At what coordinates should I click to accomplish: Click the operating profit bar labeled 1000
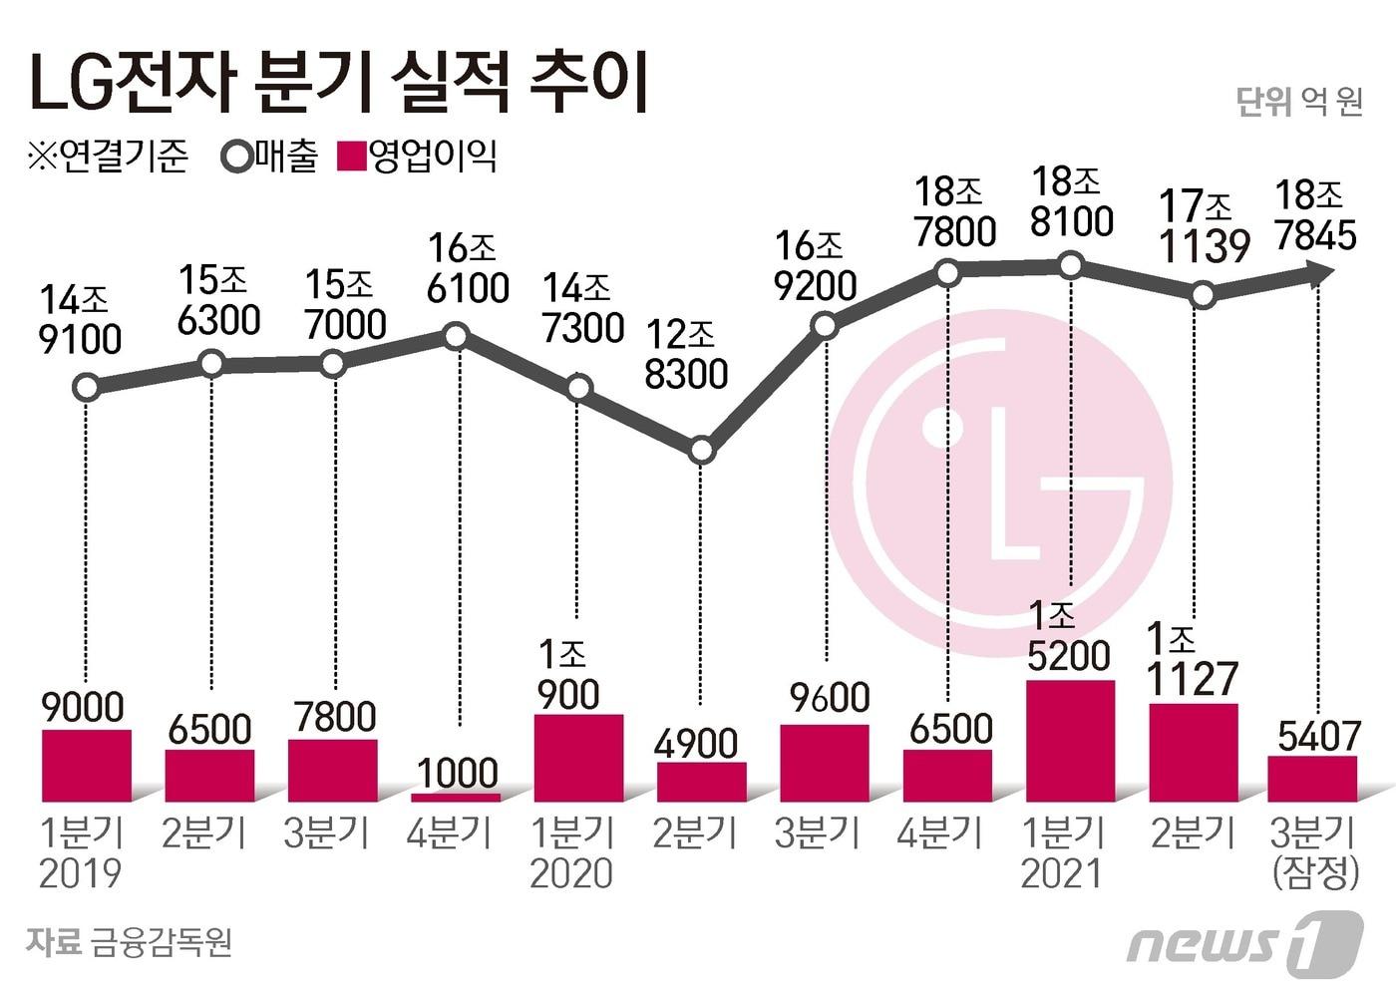(456, 798)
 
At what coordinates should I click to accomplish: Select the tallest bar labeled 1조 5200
(1070, 741)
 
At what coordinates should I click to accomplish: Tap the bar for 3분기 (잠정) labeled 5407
(1312, 779)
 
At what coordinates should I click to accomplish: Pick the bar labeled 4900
(701, 782)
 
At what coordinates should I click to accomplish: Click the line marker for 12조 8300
(702, 451)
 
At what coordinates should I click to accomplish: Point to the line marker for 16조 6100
(456, 336)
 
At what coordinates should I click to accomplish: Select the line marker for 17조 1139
(1204, 295)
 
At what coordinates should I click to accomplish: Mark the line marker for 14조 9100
(87, 387)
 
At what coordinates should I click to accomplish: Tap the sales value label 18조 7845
(1315, 216)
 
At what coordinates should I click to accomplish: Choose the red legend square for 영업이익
(353, 158)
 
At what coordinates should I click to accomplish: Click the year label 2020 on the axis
(570, 873)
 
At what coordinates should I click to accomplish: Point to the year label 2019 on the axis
(80, 873)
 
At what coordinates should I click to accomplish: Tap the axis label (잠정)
(1315, 873)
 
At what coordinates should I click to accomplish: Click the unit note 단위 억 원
(1298, 102)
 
